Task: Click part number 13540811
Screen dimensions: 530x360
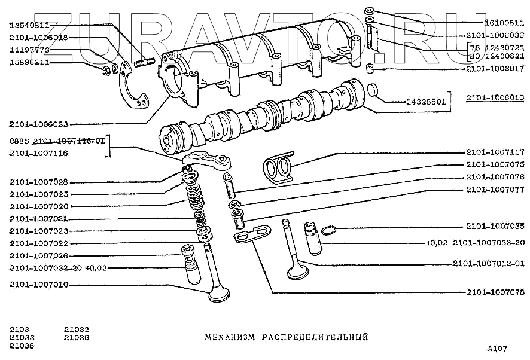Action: (x=29, y=25)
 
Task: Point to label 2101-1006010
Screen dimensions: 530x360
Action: (x=495, y=97)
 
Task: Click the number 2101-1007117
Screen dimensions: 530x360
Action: (x=495, y=152)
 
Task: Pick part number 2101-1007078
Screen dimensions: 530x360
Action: (x=495, y=292)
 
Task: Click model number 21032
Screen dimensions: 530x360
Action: (x=77, y=330)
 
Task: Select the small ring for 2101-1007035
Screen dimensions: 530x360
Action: (x=329, y=230)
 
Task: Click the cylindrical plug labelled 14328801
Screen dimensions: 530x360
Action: (x=375, y=91)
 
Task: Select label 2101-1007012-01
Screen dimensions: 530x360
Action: (x=488, y=263)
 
